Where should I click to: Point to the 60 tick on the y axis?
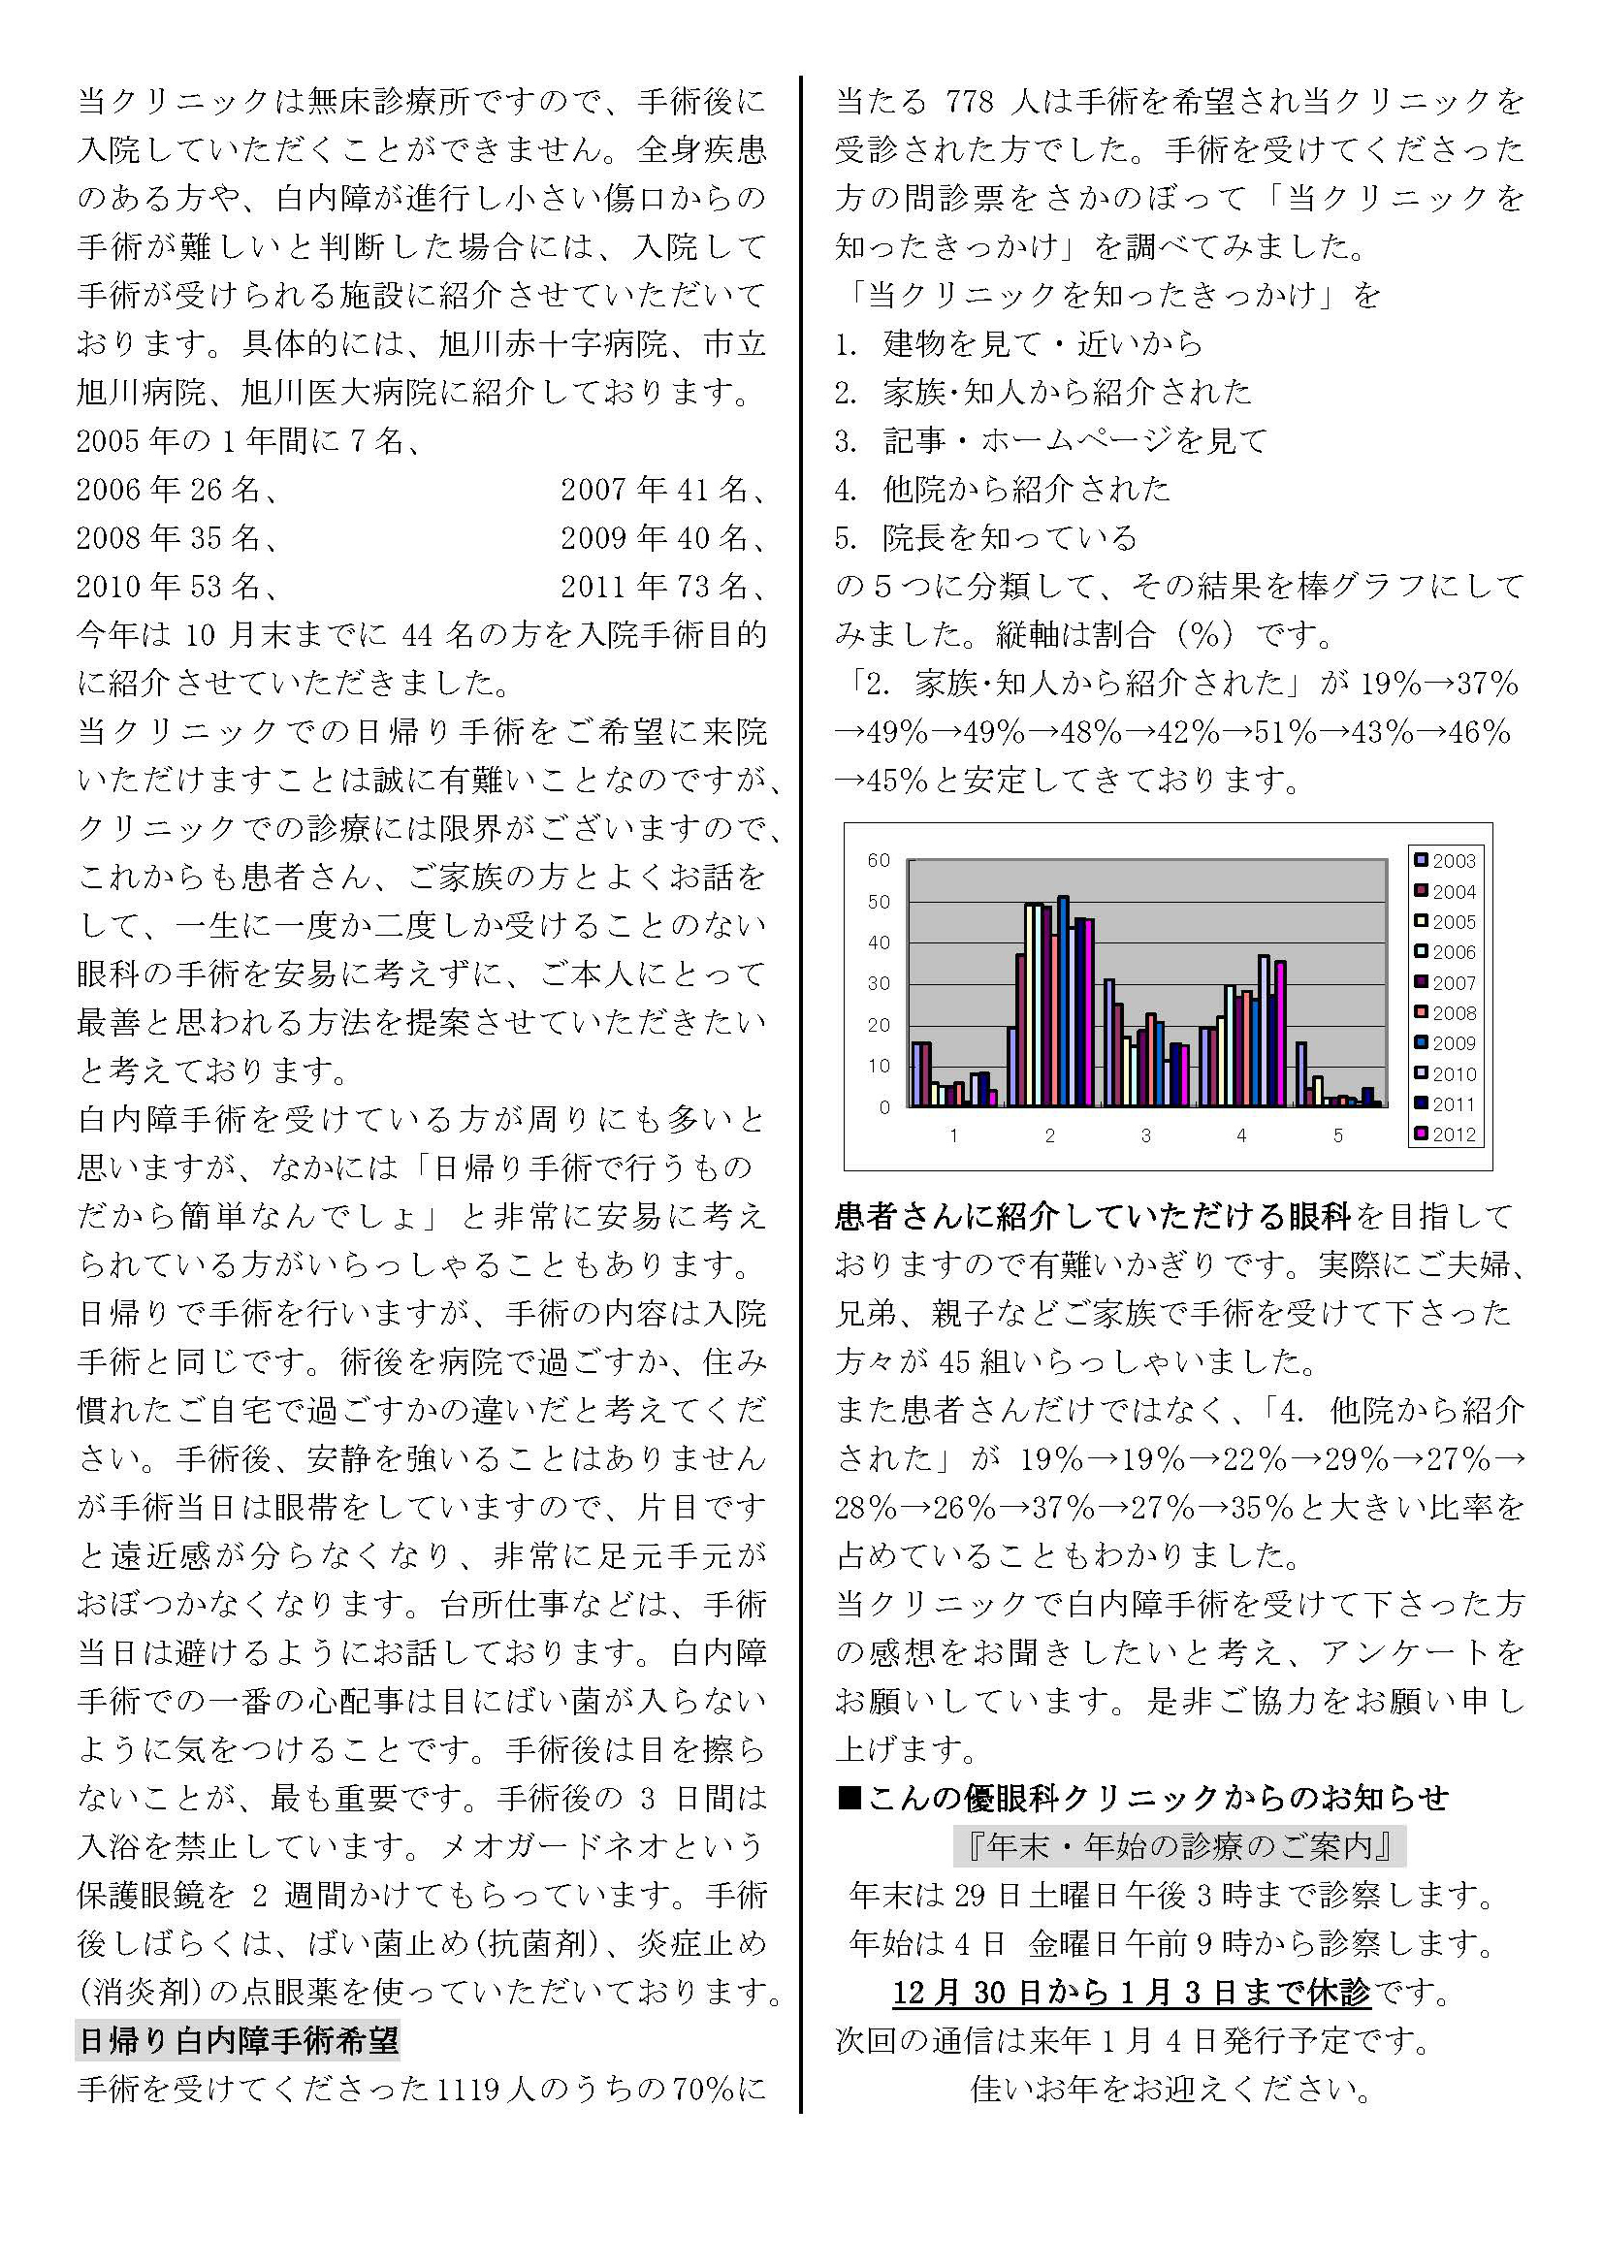[x=878, y=860]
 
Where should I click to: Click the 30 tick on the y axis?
[x=878, y=984]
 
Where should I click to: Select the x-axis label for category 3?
[x=1145, y=1136]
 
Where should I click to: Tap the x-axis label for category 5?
[x=1338, y=1136]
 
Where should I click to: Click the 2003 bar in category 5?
[x=1301, y=1073]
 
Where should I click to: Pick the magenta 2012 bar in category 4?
[x=1281, y=1034]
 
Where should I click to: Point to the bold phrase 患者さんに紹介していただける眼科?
[x=1092, y=1216]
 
